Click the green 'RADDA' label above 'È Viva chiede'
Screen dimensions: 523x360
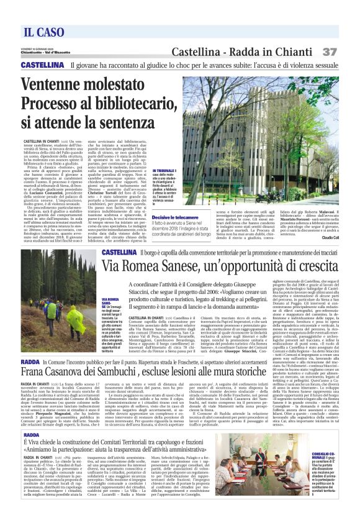[x=30, y=435]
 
